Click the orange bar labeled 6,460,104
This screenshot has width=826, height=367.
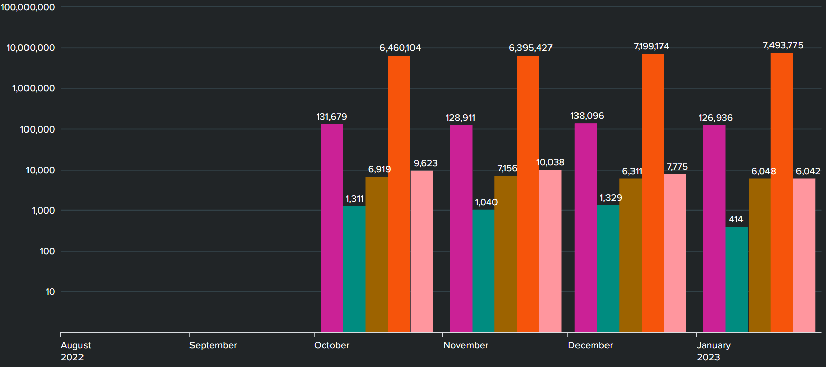coord(399,194)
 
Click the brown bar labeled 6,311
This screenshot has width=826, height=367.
coord(630,255)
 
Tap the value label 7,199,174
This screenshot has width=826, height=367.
coord(651,46)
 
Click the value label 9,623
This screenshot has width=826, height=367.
coord(425,163)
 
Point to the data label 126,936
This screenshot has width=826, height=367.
coord(715,118)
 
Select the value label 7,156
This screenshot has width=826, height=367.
coord(507,168)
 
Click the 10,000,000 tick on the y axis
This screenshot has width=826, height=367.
coord(31,48)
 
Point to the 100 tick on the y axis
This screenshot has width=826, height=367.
coord(47,251)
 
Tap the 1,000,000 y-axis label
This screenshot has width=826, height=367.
coord(34,88)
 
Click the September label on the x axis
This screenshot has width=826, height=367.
coord(213,345)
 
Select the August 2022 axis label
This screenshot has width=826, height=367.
coord(75,351)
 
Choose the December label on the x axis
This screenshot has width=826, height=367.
coord(590,345)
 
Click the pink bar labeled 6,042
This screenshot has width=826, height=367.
coord(804,255)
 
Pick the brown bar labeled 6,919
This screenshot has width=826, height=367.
coord(376,254)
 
